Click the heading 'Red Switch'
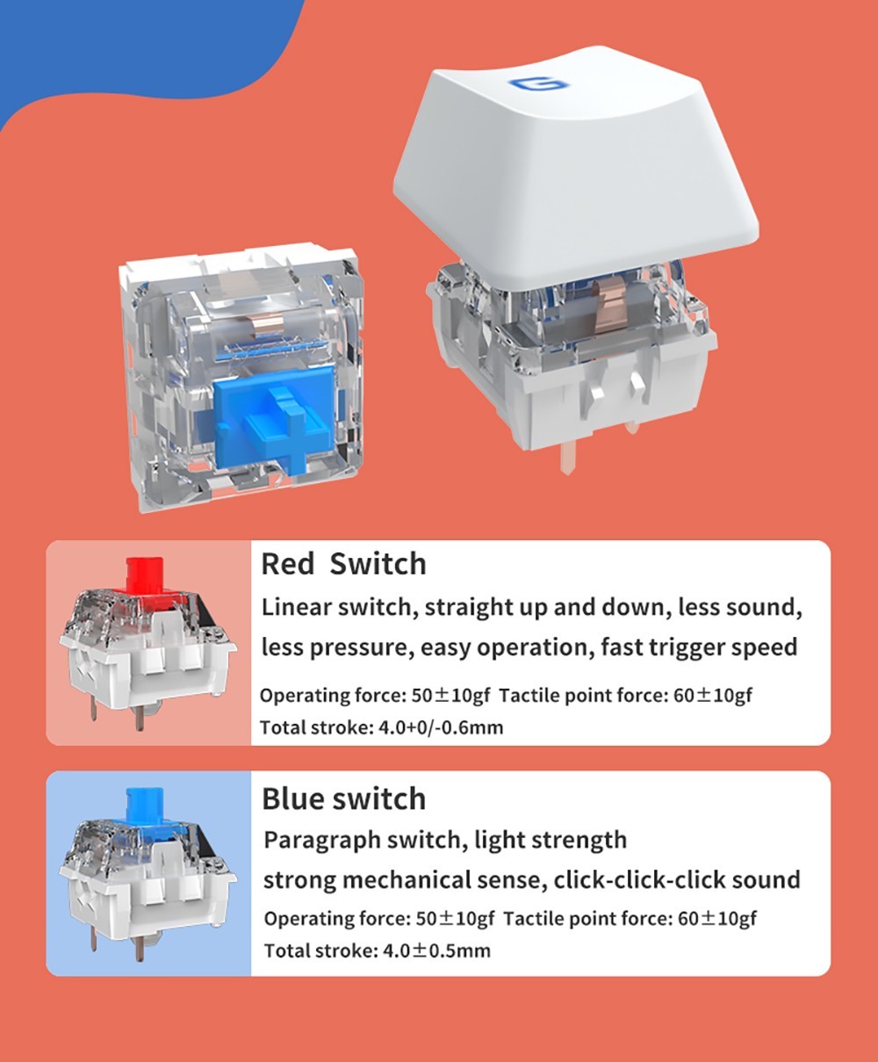pyautogui.click(x=343, y=564)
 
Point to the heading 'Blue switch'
pyautogui.click(x=343, y=798)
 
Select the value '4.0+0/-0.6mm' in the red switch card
pyautogui.click(x=441, y=728)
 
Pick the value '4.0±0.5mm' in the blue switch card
pyautogui.click(x=436, y=950)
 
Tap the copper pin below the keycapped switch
pyautogui.click(x=568, y=459)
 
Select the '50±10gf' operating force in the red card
pyautogui.click(x=451, y=696)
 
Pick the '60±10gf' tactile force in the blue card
pyautogui.click(x=716, y=919)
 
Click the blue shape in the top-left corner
pyautogui.click(x=127, y=46)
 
